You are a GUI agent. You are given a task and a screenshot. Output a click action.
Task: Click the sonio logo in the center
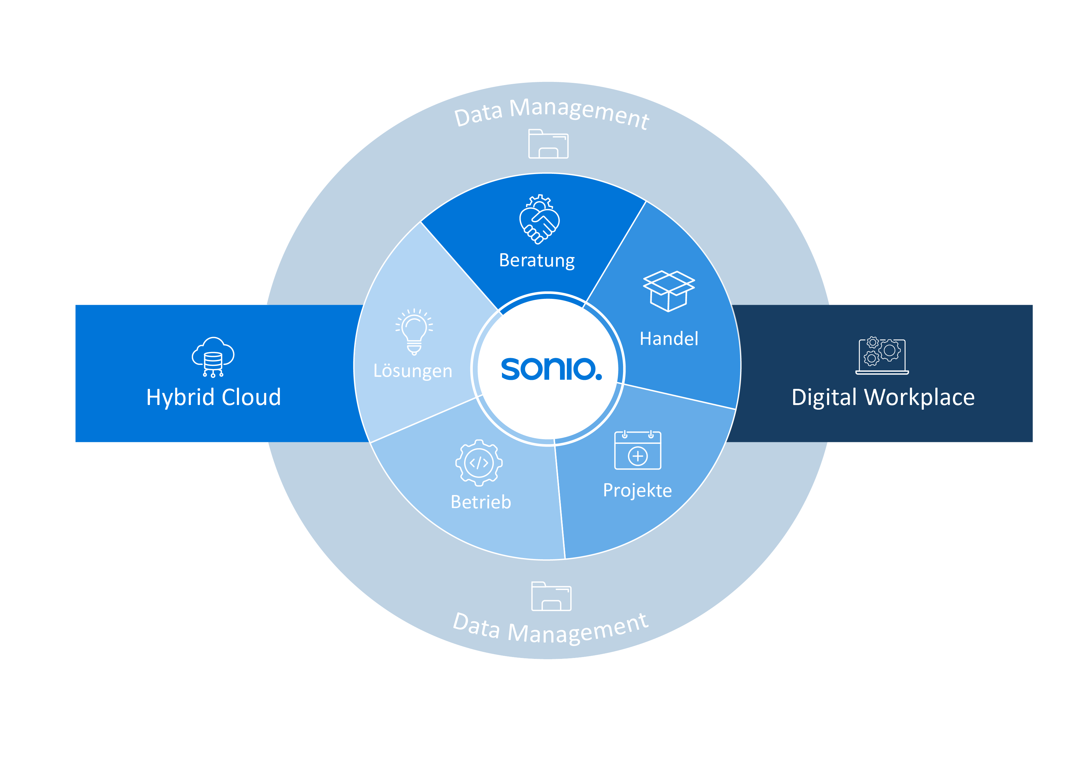[x=550, y=369]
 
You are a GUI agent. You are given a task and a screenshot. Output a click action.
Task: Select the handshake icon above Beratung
[x=539, y=219]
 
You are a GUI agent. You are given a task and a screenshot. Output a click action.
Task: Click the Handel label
[x=668, y=339]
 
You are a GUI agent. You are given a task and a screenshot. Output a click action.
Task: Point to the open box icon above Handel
[x=668, y=290]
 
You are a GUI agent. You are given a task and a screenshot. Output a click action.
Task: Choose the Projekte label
[x=637, y=490]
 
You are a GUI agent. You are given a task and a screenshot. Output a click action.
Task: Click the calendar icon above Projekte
[x=637, y=450]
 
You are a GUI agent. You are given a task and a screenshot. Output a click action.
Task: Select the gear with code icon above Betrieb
[x=479, y=463]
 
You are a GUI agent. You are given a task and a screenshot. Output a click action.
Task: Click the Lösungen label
[x=413, y=371]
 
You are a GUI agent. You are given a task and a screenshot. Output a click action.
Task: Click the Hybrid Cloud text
[x=214, y=397]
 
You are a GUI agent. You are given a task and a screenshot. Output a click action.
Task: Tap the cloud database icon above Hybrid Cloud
[x=213, y=357]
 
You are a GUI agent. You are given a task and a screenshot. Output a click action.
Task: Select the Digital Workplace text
[x=883, y=397]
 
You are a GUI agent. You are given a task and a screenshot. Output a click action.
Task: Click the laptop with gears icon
[x=882, y=356]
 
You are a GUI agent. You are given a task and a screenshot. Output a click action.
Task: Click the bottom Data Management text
[x=550, y=628]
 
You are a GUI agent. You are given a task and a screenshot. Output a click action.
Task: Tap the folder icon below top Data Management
[x=548, y=144]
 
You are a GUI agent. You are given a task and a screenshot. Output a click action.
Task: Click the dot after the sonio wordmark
[x=599, y=377]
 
